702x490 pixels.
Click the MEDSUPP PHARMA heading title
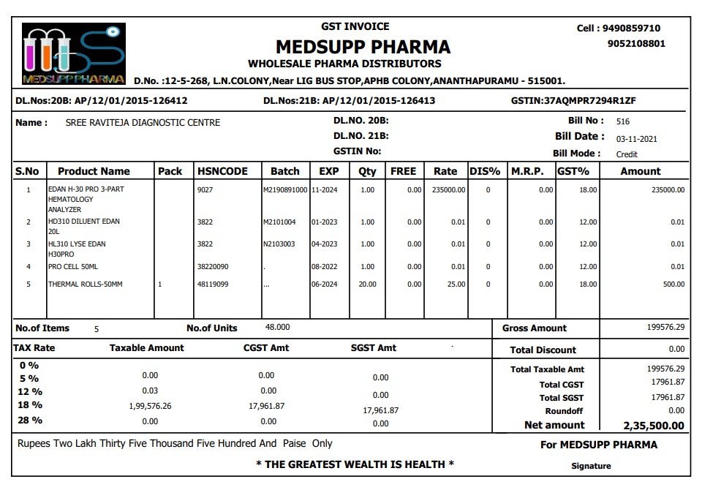(363, 47)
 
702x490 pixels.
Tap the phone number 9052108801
(636, 43)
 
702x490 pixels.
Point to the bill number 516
(623, 121)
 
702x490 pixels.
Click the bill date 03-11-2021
(636, 138)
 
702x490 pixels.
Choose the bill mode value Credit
(627, 154)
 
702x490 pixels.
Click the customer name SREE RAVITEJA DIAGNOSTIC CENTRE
(143, 122)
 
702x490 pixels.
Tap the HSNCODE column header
(222, 171)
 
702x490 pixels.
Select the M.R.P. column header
(527, 171)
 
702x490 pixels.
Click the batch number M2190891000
(285, 189)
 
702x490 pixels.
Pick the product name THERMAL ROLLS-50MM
(85, 284)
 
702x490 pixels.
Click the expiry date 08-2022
(324, 267)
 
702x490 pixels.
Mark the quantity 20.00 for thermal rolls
(367, 284)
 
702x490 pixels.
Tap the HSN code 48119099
(213, 284)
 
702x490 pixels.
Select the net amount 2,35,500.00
(654, 426)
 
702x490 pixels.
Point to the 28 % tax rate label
(30, 421)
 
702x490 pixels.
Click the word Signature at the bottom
(591, 466)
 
